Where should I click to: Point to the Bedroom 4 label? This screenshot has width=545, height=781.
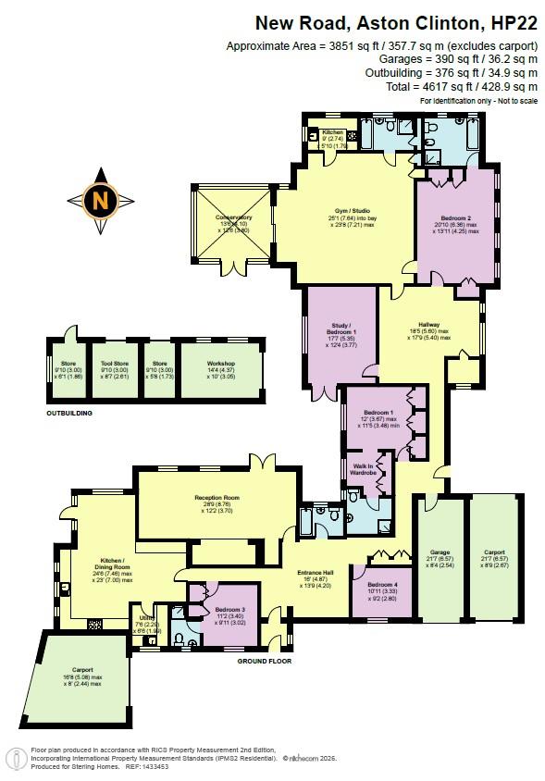[x=382, y=585]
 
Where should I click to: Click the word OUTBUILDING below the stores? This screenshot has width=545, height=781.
[x=69, y=413]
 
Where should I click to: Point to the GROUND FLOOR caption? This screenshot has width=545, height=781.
[x=265, y=662]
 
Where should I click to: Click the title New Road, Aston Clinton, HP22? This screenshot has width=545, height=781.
[x=396, y=21]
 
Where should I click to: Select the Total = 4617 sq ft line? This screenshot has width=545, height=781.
[x=474, y=85]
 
